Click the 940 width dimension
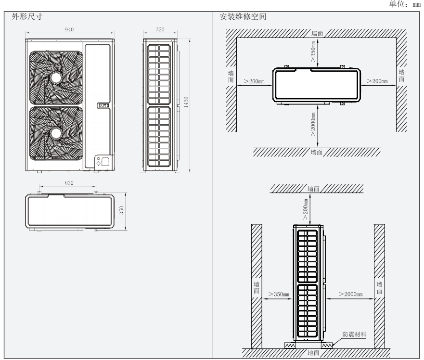tap(70, 29)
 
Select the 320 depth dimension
tap(160, 29)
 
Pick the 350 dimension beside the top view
tap(122, 210)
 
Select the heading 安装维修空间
tap(236, 16)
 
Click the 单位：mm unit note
tap(407, 4)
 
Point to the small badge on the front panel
tap(103, 104)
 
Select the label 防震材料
tap(355, 334)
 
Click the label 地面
tap(313, 353)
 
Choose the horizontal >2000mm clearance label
tap(350, 294)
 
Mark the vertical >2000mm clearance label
tap(313, 126)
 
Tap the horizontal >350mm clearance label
tap(279, 294)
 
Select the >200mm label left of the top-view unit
tap(256, 81)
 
